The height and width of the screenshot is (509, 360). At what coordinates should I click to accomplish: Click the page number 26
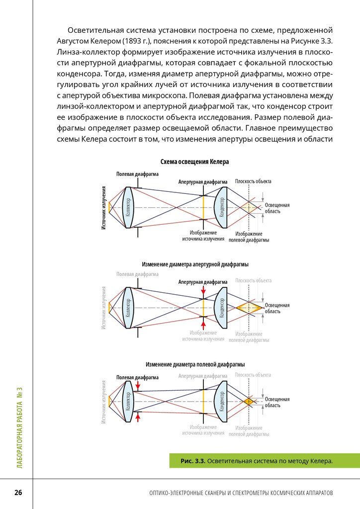tap(18, 493)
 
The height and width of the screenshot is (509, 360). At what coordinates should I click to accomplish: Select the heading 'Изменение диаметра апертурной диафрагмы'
tap(195, 264)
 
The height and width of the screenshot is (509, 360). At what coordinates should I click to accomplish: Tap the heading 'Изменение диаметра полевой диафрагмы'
tap(195, 364)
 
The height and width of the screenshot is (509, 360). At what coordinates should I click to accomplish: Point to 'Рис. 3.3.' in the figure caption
tap(193, 461)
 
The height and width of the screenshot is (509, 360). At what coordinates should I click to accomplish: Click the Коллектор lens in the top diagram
tap(128, 207)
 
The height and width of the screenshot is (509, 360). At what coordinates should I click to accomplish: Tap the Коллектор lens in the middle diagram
tap(128, 308)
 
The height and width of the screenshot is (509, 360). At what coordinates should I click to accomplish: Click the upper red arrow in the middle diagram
tap(203, 290)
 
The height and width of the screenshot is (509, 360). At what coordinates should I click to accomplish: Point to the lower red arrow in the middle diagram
tap(203, 325)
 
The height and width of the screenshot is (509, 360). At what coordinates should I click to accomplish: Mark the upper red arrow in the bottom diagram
tap(138, 384)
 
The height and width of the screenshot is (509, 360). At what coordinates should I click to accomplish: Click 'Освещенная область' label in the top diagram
tap(276, 208)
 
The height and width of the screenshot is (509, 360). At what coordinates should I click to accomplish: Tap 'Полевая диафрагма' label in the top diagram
tap(137, 174)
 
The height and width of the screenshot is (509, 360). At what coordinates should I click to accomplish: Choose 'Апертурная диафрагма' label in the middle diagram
tap(202, 282)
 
